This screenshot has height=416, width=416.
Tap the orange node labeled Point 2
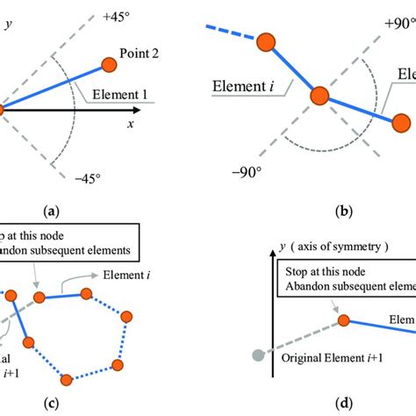(109, 63)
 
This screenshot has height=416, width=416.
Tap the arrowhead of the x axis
(137, 111)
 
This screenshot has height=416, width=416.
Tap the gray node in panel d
(257, 355)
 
